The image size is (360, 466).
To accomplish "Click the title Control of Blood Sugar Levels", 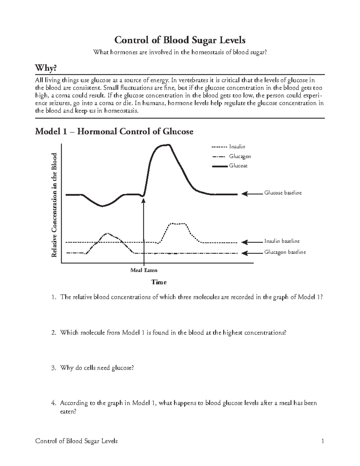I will [x=180, y=40].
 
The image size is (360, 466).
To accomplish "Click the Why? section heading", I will [x=46, y=68].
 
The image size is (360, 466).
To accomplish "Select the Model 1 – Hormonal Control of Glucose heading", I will [x=114, y=131].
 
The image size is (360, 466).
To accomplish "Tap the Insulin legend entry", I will [x=237, y=147].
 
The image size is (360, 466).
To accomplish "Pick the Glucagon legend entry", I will [x=240, y=156].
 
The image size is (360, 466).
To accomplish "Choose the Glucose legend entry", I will [x=238, y=166].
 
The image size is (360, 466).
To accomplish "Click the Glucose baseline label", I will [x=283, y=193].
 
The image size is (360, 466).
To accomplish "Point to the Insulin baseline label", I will [x=281, y=241].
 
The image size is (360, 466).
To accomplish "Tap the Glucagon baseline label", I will [x=285, y=252].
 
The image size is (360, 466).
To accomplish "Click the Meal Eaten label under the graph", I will [x=144, y=270].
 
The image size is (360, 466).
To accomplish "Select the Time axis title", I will [x=159, y=282].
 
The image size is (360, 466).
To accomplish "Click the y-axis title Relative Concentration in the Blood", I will [x=54, y=205].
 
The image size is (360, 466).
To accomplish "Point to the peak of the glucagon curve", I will [x=107, y=233].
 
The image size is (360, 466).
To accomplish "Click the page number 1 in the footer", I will [x=322, y=441].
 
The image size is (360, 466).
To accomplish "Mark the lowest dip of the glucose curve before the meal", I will [x=102, y=206].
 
